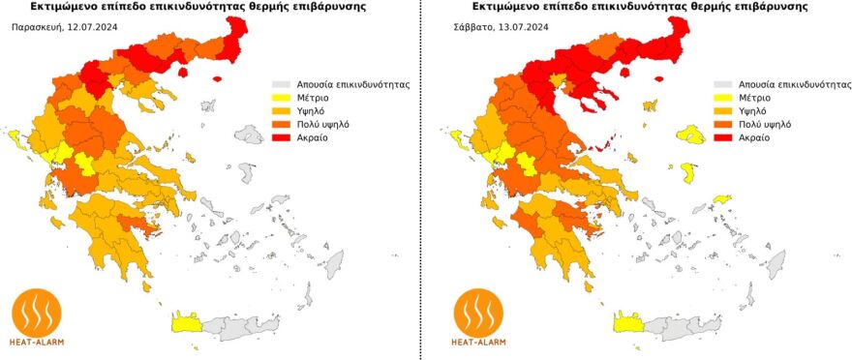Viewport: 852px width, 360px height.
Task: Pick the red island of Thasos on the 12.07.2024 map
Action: point(216,79)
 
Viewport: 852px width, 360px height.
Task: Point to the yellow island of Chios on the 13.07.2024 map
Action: point(687,173)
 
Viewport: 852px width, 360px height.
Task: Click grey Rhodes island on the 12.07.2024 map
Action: point(334,263)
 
